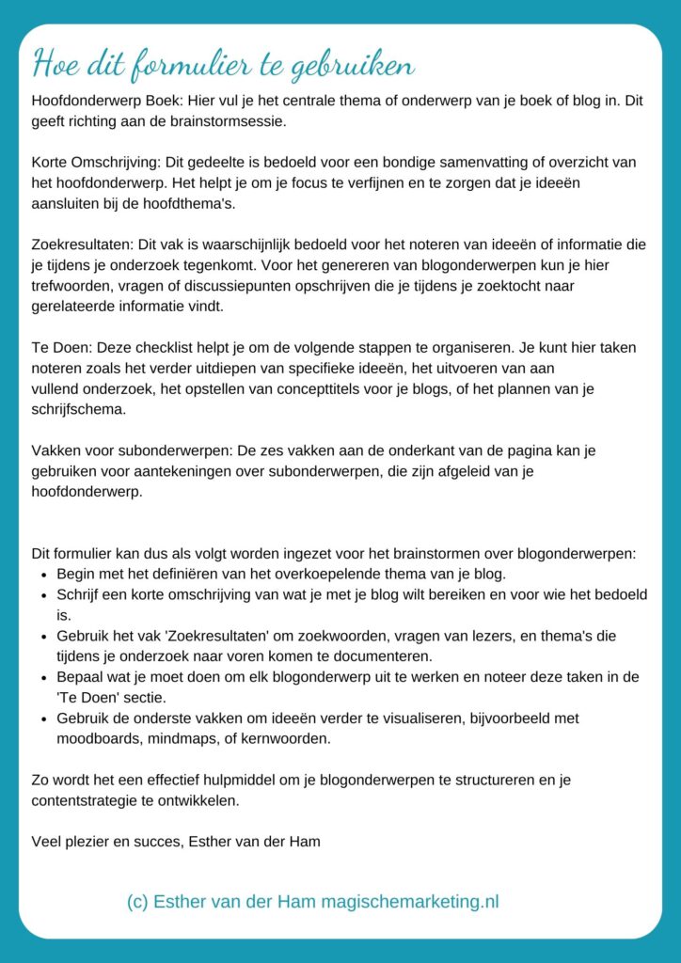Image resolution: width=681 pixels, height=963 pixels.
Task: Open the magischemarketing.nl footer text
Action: [x=410, y=902]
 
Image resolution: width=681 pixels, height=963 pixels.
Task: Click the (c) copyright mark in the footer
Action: [x=137, y=902]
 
